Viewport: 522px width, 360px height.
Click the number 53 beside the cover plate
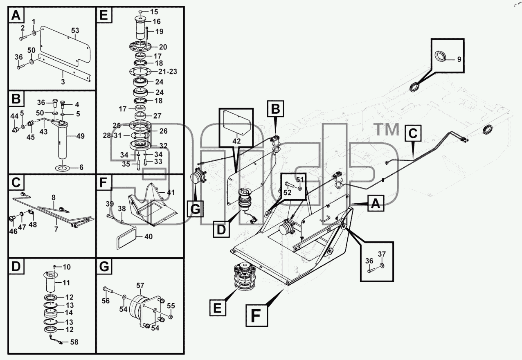75,31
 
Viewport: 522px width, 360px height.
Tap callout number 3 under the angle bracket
63,82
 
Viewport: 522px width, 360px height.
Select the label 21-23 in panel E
168,71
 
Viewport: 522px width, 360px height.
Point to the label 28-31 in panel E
112,135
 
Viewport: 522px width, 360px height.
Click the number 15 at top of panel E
154,11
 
